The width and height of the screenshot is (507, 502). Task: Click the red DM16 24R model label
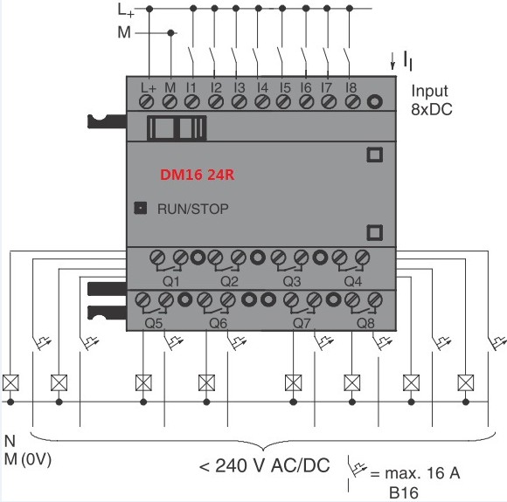point(198,175)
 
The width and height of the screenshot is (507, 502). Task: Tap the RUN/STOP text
point(192,209)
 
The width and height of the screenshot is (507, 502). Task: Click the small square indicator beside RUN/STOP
point(141,208)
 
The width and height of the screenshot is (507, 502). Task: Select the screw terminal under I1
point(191,102)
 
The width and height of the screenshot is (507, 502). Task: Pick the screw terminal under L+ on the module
point(147,102)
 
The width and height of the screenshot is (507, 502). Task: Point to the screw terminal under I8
point(353,102)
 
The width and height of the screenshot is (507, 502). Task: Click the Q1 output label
point(170,282)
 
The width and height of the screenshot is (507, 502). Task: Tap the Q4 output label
point(353,282)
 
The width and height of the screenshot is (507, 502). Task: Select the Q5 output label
point(154,323)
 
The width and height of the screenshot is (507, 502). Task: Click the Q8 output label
point(365,323)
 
